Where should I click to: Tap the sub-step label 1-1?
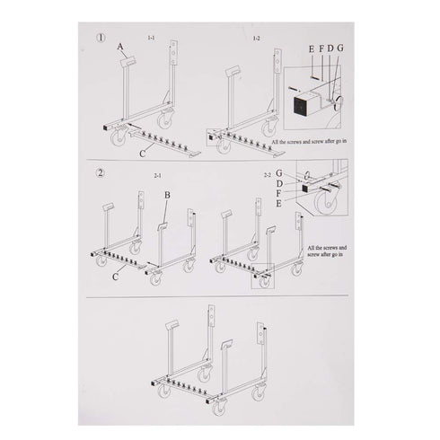(x=163, y=38)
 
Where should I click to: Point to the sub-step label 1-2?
(x=260, y=39)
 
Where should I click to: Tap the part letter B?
(x=167, y=194)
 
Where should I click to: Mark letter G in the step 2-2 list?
(x=281, y=172)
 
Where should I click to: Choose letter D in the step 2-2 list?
(x=281, y=183)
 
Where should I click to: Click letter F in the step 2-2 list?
(x=281, y=194)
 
